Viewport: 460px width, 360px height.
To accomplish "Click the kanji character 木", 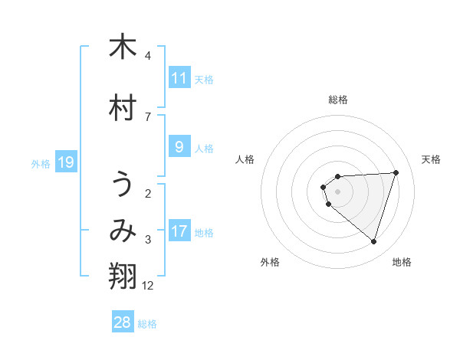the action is tap(123, 47).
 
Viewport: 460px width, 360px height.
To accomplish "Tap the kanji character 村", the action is tap(123, 108).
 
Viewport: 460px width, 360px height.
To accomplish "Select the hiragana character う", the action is tap(123, 186).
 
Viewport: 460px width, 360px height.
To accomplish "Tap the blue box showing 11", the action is tap(179, 78).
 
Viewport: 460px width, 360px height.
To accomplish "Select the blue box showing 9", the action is tap(179, 147).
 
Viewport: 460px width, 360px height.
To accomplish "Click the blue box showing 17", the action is tap(179, 231).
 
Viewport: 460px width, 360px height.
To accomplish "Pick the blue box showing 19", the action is tap(65, 162).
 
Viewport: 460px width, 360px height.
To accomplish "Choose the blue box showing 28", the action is tap(123, 322).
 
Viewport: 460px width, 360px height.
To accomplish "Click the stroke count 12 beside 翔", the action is tap(148, 286).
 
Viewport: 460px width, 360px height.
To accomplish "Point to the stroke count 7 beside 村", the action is tap(148, 116).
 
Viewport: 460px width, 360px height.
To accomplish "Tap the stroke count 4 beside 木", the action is tap(148, 55).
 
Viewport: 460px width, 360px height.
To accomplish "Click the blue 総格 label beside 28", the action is tap(147, 324).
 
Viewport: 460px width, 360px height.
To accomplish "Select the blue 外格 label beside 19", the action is tap(41, 163).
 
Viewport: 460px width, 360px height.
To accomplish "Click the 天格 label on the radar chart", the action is tap(431, 159).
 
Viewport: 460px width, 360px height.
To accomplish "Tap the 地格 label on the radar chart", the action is tap(402, 262).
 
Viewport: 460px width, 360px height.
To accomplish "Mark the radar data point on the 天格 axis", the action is tap(396, 172).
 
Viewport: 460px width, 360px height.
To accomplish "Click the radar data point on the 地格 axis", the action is tap(373, 241).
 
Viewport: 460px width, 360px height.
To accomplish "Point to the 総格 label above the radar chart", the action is tap(338, 100).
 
